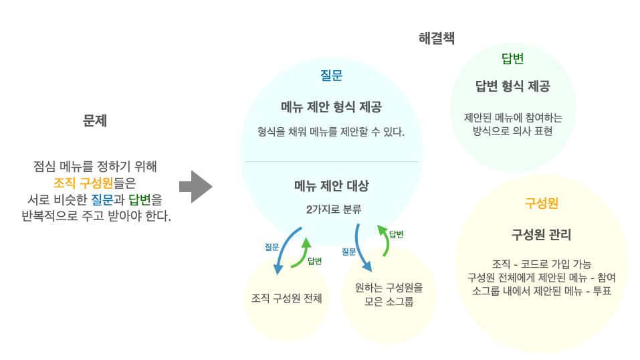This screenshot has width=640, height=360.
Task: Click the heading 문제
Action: click(x=95, y=120)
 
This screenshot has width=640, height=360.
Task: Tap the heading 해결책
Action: click(x=436, y=38)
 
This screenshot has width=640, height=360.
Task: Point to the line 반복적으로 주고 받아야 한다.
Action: click(x=95, y=216)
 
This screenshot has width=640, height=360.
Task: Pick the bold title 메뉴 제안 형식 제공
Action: click(x=331, y=107)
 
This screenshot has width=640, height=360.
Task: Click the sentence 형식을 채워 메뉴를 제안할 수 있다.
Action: click(x=331, y=132)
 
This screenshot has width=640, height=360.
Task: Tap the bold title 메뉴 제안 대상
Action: click(x=331, y=185)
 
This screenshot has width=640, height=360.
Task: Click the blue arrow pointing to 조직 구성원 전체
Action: click(x=282, y=250)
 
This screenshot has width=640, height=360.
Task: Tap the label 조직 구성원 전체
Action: click(x=286, y=298)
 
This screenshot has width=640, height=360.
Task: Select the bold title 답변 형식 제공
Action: click(x=512, y=86)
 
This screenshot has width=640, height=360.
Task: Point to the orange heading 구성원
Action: click(x=541, y=203)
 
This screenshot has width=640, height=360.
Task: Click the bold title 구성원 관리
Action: click(x=541, y=235)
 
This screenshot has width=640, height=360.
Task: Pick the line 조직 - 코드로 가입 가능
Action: click(x=541, y=264)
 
